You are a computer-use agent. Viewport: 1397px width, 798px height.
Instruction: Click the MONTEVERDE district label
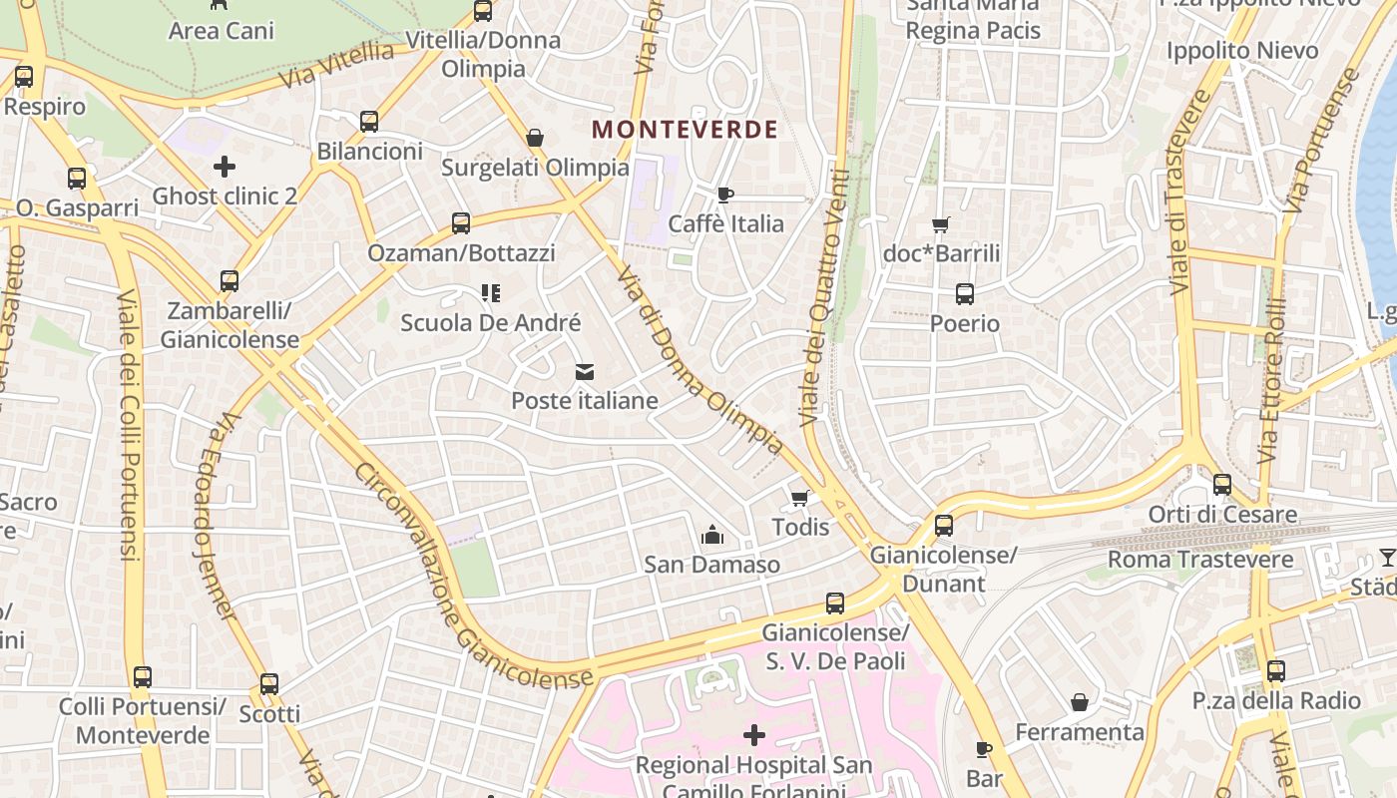pyautogui.click(x=685, y=130)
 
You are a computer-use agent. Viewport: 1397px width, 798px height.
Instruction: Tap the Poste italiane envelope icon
pyautogui.click(x=585, y=372)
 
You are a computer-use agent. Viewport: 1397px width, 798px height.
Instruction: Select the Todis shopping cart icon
pyautogui.click(x=799, y=498)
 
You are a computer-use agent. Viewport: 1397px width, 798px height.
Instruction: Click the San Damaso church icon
pyautogui.click(x=711, y=536)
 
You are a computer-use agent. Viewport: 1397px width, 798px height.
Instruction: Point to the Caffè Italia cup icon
pyautogui.click(x=725, y=195)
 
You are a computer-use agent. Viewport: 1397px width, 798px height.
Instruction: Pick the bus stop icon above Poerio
pyautogui.click(x=964, y=294)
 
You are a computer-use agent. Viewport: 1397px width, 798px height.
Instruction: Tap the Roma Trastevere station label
pyautogui.click(x=1200, y=560)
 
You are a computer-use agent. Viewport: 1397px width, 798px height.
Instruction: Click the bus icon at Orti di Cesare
pyautogui.click(x=1221, y=485)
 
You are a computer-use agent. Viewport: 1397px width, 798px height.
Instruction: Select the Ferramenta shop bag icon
pyautogui.click(x=1079, y=702)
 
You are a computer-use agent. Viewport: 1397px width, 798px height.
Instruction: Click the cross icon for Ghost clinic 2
pyautogui.click(x=225, y=167)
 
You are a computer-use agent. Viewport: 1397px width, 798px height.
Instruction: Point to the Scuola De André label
pyautogui.click(x=490, y=323)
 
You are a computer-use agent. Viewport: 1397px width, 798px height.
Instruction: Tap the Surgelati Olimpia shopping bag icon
pyautogui.click(x=535, y=138)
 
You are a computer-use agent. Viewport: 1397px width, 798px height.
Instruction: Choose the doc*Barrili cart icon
pyautogui.click(x=940, y=224)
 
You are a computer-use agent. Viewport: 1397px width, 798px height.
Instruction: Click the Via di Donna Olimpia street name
pyautogui.click(x=698, y=359)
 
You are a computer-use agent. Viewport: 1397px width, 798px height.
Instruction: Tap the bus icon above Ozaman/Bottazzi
pyautogui.click(x=460, y=223)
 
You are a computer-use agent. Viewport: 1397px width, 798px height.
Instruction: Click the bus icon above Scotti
pyautogui.click(x=268, y=684)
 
